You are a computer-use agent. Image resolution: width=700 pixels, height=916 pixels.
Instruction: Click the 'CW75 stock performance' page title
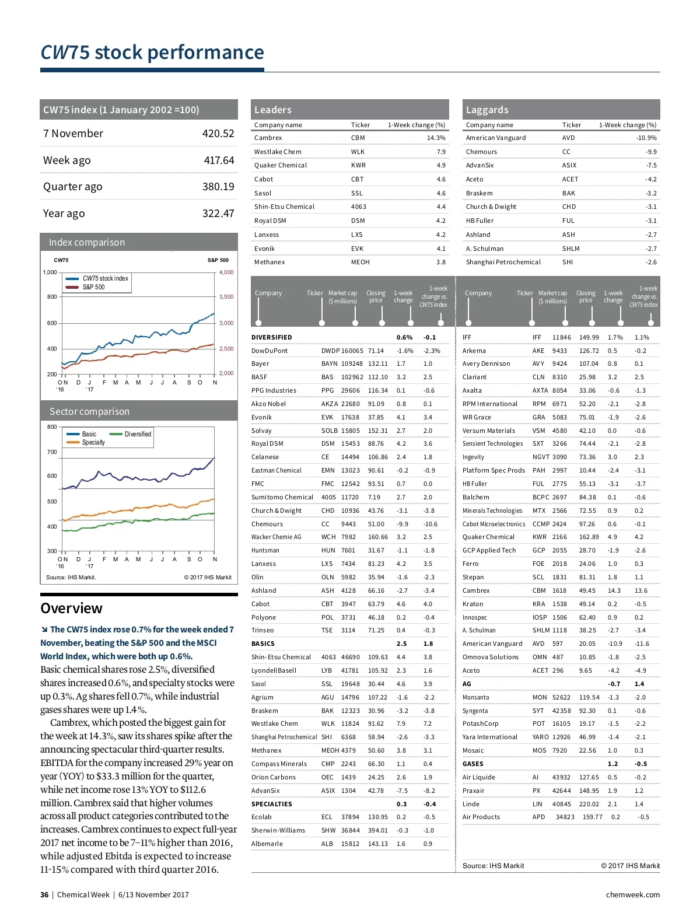coord(152,53)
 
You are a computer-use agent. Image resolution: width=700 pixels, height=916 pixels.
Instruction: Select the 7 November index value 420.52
coord(218,134)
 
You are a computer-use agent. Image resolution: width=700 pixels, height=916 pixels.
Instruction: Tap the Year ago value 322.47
coord(218,214)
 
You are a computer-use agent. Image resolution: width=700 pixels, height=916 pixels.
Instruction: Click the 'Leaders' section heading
coord(272,110)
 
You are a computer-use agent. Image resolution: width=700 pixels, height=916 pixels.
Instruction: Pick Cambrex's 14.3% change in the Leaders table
coord(436,138)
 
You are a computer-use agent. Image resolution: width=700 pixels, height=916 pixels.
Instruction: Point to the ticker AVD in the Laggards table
coord(568,138)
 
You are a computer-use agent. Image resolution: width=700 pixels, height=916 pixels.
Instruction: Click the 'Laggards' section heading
coord(487,110)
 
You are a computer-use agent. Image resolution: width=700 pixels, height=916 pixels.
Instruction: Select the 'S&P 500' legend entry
coord(93,287)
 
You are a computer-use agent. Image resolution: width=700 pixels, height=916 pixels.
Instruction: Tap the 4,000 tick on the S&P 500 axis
coord(226,272)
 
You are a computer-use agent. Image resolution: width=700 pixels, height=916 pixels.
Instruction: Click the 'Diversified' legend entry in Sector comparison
coord(138,434)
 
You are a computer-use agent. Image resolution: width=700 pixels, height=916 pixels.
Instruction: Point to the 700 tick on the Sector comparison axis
coord(52,452)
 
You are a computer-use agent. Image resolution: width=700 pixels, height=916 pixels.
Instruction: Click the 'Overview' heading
coord(71,609)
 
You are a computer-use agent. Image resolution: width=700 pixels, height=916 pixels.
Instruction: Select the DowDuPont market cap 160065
coord(352,351)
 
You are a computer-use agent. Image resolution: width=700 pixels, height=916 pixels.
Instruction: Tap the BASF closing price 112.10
coord(377,377)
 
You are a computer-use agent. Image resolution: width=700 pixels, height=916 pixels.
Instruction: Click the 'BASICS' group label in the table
coord(263,644)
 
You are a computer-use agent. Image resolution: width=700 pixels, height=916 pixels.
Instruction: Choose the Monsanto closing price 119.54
coord(589,697)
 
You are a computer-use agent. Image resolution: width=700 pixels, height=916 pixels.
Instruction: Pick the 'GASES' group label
coord(473,764)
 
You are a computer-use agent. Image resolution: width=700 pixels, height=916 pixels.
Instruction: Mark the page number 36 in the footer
coord(44,895)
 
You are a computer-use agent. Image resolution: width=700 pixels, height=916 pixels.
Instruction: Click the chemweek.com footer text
coord(633,895)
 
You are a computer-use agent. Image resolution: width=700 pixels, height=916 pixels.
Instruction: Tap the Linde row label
coord(471,804)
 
